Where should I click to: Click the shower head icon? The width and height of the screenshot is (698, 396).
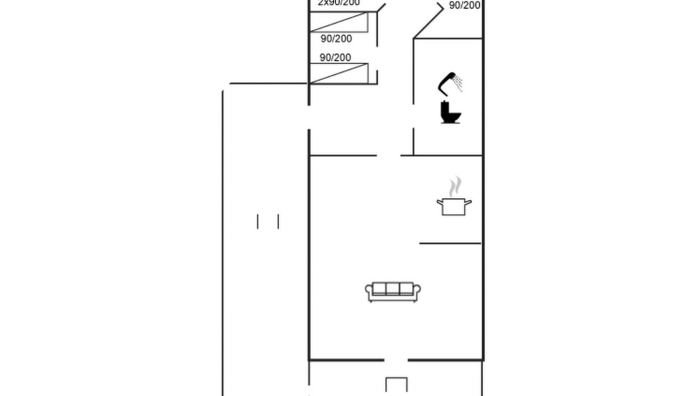[x=448, y=83]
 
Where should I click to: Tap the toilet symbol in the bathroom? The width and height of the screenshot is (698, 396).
[x=450, y=112]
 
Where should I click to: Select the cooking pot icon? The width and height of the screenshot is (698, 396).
[x=454, y=206]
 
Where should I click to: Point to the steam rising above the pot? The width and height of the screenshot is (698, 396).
[x=456, y=186]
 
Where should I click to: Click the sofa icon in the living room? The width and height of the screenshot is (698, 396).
[x=393, y=291]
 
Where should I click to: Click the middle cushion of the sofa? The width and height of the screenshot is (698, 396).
[x=393, y=289]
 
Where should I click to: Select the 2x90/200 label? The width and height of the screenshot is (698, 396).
[x=339, y=3]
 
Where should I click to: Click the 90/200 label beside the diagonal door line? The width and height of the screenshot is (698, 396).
[x=464, y=6]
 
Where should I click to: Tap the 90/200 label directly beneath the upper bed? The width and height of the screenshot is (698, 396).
[x=336, y=39]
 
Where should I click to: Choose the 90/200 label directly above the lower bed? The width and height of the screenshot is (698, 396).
[x=335, y=58]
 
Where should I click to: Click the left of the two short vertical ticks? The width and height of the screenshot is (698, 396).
[x=258, y=221]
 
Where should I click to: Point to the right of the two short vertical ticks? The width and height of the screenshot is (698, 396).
[x=278, y=221]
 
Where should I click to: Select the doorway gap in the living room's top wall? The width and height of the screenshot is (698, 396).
[x=388, y=155]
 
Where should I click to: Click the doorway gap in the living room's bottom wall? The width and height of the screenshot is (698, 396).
[x=395, y=360]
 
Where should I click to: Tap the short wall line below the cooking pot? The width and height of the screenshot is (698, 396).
[x=450, y=243]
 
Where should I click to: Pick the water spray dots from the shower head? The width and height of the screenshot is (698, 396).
[x=458, y=84]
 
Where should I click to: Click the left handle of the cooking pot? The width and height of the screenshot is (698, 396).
[x=439, y=202]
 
